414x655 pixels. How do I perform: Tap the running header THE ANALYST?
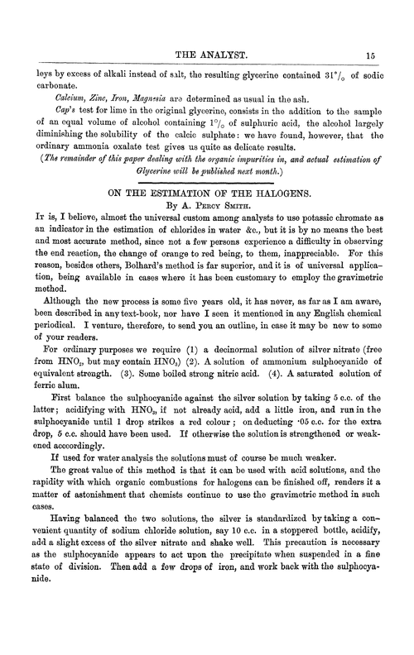(207, 54)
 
